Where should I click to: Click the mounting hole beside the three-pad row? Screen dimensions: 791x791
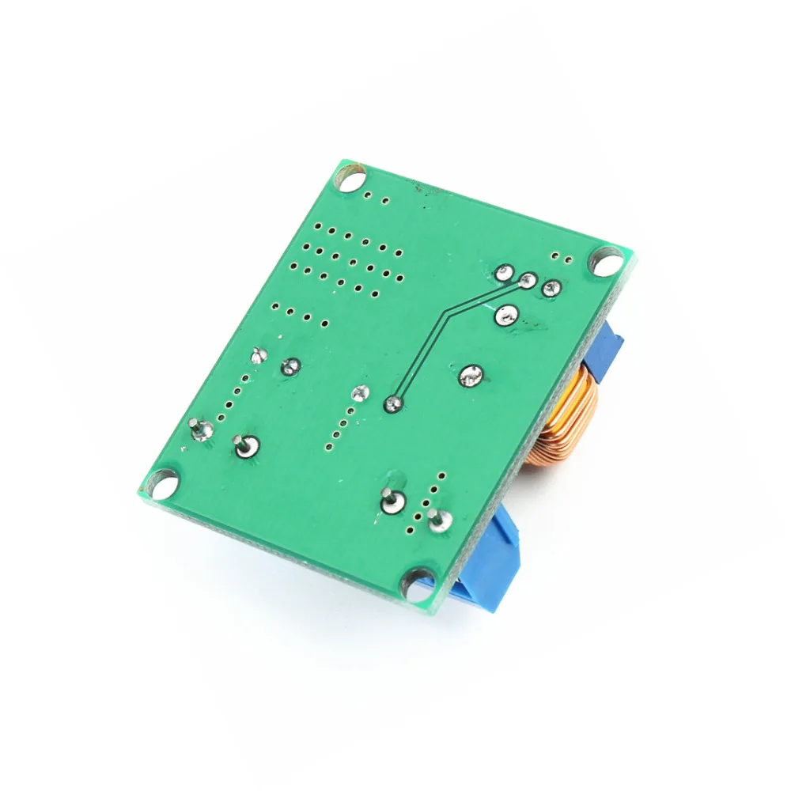click(607, 260)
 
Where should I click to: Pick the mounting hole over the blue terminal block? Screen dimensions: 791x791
click(416, 584)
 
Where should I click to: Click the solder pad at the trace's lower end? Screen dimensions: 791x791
click(393, 405)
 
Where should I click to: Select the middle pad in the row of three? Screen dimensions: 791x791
click(528, 279)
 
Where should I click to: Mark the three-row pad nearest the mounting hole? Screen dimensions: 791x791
click(552, 289)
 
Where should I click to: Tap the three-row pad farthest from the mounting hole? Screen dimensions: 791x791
click(503, 273)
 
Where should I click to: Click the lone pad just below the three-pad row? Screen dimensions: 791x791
click(506, 316)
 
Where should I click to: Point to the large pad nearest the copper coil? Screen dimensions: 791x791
click(471, 375)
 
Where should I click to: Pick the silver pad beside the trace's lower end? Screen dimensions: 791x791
click(361, 392)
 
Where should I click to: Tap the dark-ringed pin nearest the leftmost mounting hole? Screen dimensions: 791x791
click(244, 446)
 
